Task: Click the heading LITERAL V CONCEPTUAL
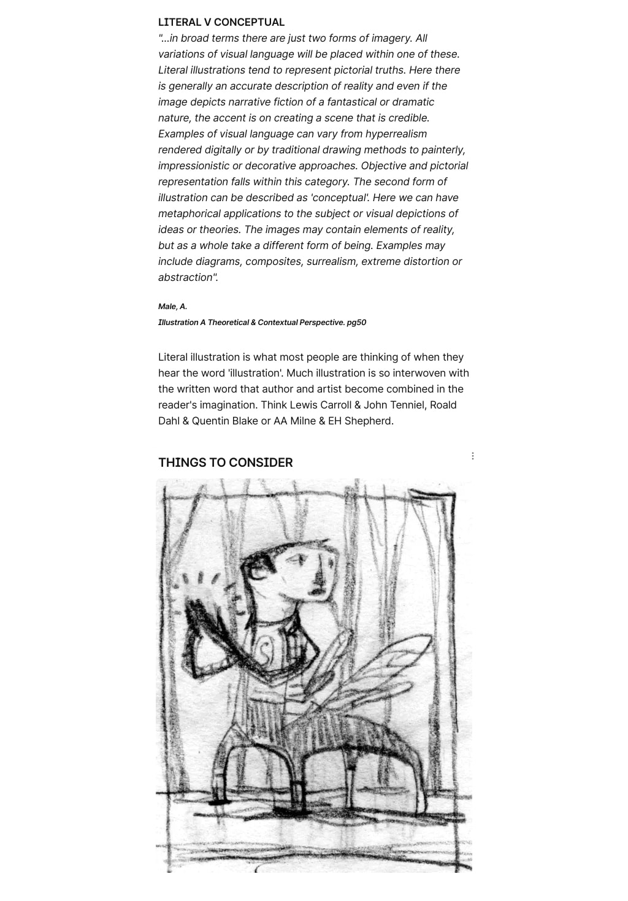click(221, 22)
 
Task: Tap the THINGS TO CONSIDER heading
click(225, 462)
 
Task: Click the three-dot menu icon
click(472, 456)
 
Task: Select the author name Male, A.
click(172, 306)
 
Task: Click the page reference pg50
click(356, 322)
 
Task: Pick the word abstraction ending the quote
click(186, 277)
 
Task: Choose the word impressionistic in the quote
click(196, 166)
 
